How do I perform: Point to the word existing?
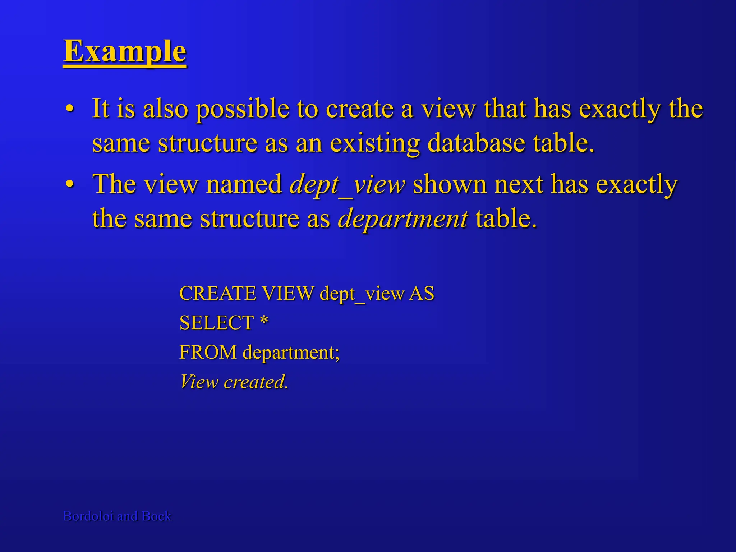(x=374, y=143)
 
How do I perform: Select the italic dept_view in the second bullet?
(x=347, y=184)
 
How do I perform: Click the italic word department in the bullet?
(x=402, y=218)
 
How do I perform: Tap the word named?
(x=244, y=184)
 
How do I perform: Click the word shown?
(x=449, y=184)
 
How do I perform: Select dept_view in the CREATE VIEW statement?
(x=362, y=294)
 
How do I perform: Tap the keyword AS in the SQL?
(x=422, y=293)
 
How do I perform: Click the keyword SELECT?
(x=217, y=323)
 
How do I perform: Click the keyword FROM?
(x=208, y=352)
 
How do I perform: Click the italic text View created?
(x=234, y=382)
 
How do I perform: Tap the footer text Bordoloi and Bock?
(x=117, y=516)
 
